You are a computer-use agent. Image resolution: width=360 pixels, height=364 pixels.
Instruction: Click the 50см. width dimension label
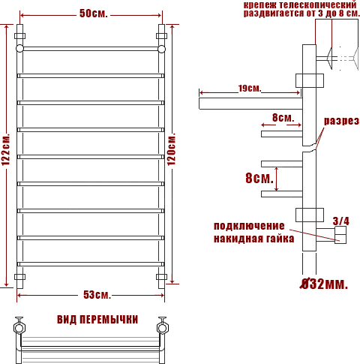point(94,14)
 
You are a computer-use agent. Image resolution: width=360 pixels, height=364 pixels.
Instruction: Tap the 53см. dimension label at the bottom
point(97,295)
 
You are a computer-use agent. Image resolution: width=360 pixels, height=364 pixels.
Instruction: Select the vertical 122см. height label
point(6,149)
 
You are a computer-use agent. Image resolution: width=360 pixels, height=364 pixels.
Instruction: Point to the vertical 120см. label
point(172,149)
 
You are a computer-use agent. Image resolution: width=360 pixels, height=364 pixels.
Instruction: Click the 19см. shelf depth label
point(250,88)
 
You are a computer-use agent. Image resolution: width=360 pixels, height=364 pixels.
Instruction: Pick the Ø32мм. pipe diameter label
point(324,284)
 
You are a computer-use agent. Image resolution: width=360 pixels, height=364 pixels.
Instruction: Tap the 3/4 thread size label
point(341,221)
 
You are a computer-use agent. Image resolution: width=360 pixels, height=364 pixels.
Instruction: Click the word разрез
point(342,121)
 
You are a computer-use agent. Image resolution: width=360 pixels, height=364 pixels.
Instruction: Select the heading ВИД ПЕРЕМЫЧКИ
point(97,320)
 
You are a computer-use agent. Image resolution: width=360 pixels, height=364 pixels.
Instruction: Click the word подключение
point(249,227)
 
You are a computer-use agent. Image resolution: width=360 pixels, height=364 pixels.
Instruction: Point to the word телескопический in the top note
point(318,5)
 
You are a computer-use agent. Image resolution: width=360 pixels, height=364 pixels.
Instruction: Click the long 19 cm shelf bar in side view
point(250,104)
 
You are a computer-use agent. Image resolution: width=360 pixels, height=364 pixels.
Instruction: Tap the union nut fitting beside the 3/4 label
point(340,235)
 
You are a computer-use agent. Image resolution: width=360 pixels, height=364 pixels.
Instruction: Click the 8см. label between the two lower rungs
point(259,178)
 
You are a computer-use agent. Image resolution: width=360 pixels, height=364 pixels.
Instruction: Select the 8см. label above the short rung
point(283,117)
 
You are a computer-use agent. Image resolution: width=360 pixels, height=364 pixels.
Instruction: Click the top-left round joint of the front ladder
point(19,49)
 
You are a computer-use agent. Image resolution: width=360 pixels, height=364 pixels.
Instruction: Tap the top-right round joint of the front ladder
point(162,49)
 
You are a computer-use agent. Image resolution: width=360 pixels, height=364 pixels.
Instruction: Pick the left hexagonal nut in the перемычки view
point(19,328)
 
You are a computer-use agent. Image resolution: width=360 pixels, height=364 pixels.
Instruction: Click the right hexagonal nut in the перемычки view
point(163,328)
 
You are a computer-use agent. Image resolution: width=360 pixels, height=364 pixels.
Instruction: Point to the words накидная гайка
point(253,239)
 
